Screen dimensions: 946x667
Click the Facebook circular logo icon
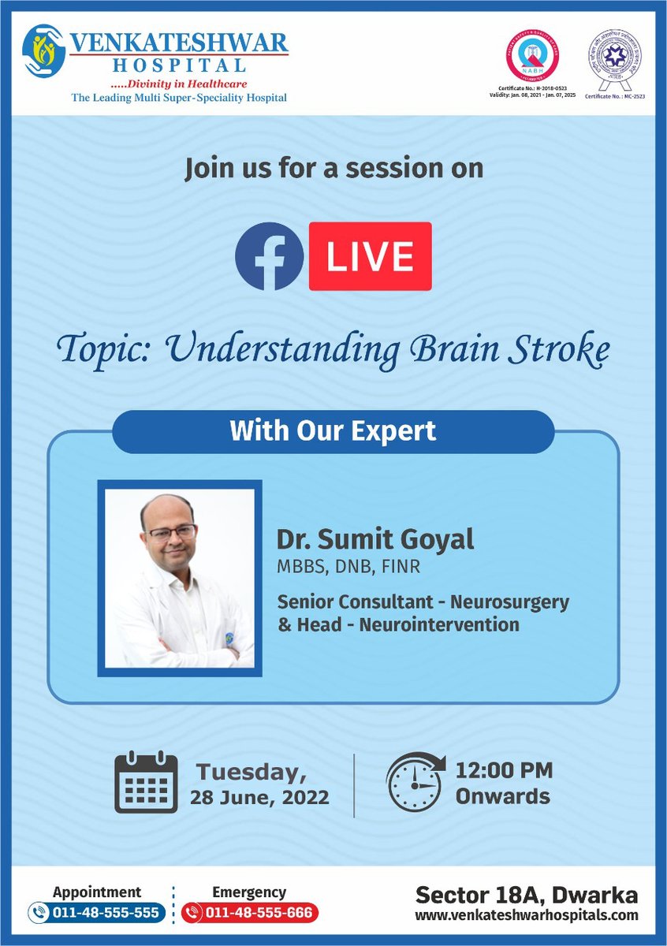270,256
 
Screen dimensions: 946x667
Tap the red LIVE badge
371,256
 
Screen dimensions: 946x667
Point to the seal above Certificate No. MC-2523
613,57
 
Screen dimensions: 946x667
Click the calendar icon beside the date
147,782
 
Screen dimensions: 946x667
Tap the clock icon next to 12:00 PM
415,782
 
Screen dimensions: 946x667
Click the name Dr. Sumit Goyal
374,540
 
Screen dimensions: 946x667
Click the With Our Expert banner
333,432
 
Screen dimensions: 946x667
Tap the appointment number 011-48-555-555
106,913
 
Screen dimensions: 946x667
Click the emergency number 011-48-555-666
259,913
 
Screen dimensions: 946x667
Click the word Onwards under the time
502,795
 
